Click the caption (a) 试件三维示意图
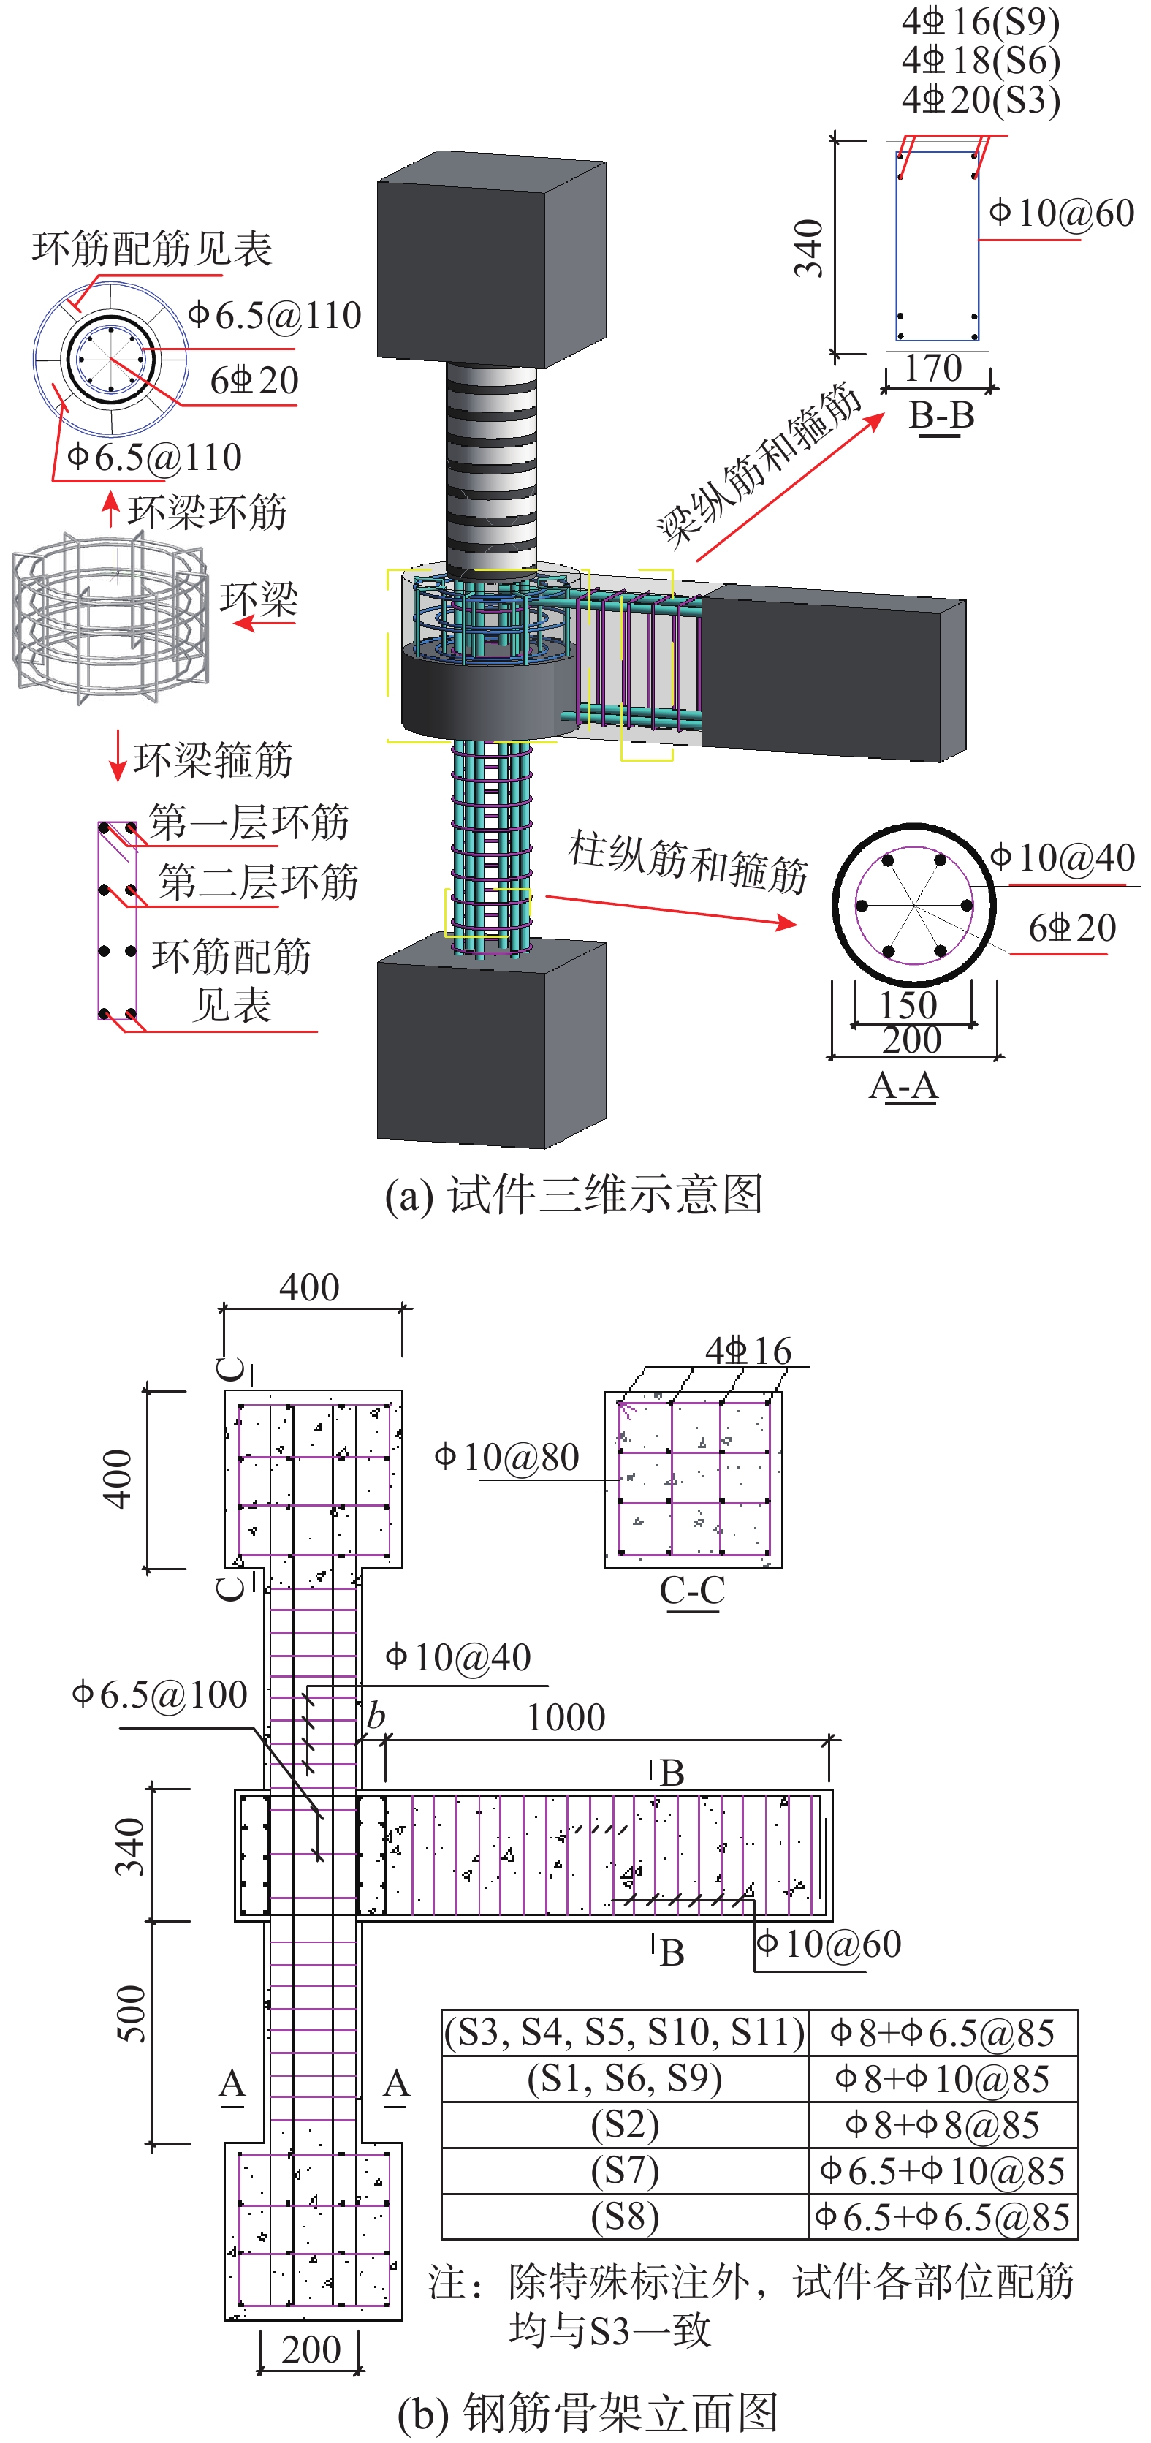[574, 1194]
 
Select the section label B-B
[941, 415]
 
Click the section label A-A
[903, 1085]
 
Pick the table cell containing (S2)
[626, 2124]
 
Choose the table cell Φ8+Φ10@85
[943, 2079]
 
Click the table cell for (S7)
[626, 2171]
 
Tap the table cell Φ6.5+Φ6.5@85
[943, 2216]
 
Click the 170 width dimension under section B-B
[933, 368]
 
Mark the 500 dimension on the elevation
[131, 2012]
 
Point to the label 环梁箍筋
[213, 760]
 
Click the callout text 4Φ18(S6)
[980, 61]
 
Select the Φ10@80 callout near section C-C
[507, 1457]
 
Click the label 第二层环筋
[258, 882]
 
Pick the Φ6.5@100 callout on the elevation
[160, 1694]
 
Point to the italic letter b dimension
[376, 1716]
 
